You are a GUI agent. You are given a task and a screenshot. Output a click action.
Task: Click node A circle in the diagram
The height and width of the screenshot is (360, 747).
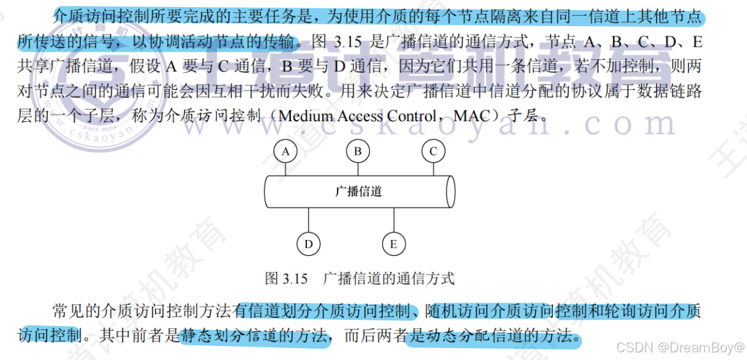click(286, 151)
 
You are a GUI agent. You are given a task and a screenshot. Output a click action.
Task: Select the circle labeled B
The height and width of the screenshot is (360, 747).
click(359, 151)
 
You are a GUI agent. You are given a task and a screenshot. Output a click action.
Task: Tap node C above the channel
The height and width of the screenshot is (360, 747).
click(433, 151)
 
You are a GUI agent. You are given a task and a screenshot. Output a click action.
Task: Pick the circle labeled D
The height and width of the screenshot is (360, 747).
click(308, 244)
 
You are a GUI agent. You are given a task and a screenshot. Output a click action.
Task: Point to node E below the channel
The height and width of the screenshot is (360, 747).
click(394, 244)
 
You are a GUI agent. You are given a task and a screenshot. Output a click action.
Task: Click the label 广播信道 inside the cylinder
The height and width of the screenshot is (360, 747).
click(359, 191)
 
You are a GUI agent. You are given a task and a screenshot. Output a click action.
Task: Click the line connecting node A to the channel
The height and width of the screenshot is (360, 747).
click(286, 169)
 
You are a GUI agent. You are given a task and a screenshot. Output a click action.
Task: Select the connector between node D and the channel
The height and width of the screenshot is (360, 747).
click(308, 220)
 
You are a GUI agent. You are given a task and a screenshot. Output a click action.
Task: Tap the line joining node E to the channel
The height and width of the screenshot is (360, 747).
click(394, 220)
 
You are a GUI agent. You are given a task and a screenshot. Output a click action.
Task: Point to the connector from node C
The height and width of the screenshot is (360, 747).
click(433, 169)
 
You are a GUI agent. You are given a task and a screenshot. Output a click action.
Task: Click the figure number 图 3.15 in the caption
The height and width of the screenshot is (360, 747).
click(286, 279)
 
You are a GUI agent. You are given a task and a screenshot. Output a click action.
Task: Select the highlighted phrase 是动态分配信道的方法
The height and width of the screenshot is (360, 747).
click(494, 335)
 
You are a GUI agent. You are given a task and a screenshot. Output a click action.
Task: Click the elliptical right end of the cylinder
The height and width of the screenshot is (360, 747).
click(450, 191)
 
